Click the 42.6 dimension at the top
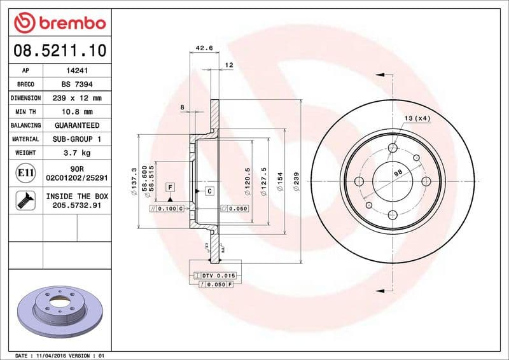pyautogui.click(x=203, y=48)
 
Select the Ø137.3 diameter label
pyautogui.click(x=134, y=181)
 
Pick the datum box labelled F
pyautogui.click(x=170, y=186)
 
